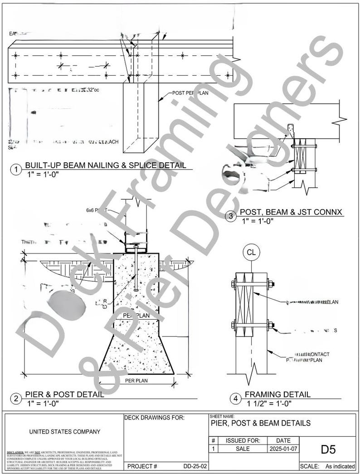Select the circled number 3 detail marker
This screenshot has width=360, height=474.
(x=231, y=216)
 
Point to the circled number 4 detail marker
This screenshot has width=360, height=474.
(x=235, y=399)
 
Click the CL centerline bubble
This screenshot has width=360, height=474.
(x=251, y=252)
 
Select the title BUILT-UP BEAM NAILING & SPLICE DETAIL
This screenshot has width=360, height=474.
(x=105, y=165)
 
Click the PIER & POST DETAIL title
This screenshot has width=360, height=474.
(x=64, y=394)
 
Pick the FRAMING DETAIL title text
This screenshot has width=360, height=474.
(x=277, y=395)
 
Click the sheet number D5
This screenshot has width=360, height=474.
(x=328, y=450)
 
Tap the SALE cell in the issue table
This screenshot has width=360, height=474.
(x=243, y=449)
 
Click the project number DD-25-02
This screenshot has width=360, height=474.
(x=195, y=466)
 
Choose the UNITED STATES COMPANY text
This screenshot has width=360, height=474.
(x=65, y=432)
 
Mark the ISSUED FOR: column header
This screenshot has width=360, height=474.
(x=243, y=440)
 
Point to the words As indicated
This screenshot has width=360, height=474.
(x=340, y=466)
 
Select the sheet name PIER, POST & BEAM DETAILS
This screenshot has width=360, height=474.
(x=261, y=423)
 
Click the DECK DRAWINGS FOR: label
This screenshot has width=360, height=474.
(x=154, y=418)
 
